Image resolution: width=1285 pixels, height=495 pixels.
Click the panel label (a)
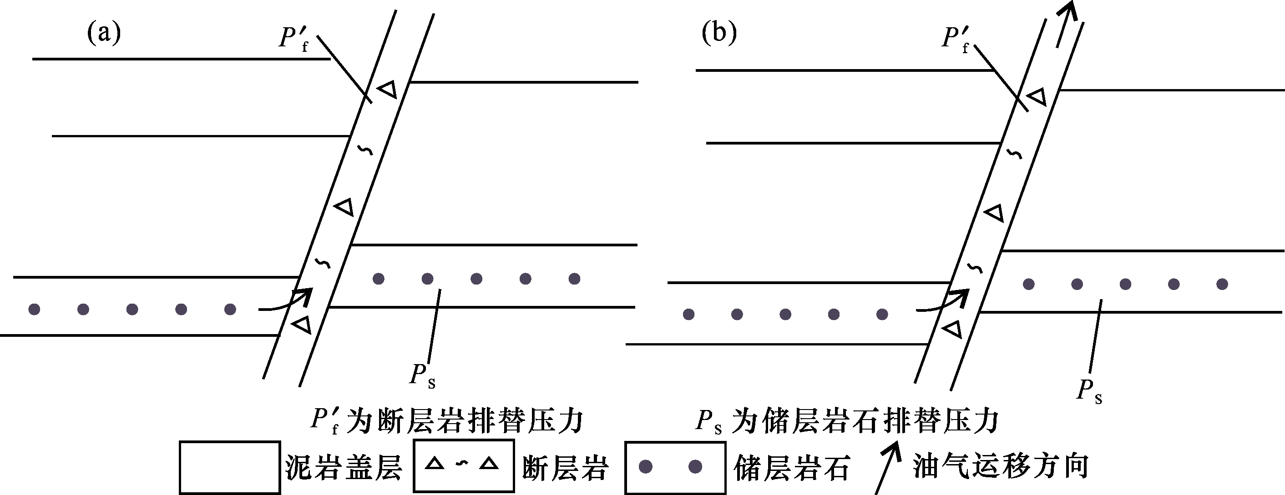[x=104, y=33]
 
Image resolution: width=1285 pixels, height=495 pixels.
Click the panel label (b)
[x=719, y=33]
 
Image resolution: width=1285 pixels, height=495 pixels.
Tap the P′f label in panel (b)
[x=956, y=39]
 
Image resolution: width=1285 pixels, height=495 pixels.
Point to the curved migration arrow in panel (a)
[x=287, y=301]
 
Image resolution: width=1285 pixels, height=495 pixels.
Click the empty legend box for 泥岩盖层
[x=229, y=467]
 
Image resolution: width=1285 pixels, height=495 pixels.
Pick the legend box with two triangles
[x=463, y=465]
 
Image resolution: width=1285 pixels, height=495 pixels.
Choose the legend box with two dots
[x=675, y=467]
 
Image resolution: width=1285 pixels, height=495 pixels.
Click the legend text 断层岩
[x=565, y=468]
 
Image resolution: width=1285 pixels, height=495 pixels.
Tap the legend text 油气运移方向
[x=1001, y=466]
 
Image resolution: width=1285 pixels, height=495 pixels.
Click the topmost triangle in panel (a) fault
[x=388, y=90]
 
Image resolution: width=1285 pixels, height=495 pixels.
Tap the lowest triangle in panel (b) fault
[x=952, y=330]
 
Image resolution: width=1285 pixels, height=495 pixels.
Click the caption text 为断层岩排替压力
[x=465, y=421]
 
